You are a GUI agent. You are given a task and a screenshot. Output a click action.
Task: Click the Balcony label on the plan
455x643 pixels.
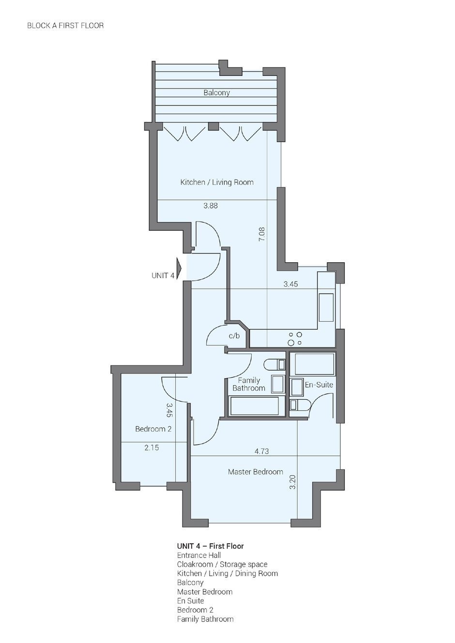point(216,93)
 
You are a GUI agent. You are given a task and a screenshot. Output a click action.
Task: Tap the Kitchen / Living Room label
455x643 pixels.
point(217,182)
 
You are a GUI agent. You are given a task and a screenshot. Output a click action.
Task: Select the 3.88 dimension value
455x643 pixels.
point(211,206)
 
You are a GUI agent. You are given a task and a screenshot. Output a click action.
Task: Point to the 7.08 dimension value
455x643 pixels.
point(262,234)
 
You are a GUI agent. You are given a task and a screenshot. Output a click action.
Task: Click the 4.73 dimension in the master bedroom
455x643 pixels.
point(262,451)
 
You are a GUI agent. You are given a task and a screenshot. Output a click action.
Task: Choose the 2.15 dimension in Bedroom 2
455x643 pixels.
point(152,448)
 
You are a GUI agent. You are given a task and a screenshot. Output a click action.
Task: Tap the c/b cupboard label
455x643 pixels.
point(234,336)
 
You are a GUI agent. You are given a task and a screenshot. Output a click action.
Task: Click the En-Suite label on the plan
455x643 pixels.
point(319,385)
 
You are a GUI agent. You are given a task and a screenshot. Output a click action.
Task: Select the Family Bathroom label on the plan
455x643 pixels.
point(249,384)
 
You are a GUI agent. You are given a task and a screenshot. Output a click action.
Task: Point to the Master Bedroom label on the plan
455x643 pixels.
point(256,472)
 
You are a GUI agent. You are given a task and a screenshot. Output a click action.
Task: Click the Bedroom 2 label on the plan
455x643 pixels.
point(153,429)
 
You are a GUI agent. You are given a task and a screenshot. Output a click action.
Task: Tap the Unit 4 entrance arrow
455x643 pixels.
point(180,268)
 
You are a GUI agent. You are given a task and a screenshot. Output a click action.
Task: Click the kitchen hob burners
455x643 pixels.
point(295,339)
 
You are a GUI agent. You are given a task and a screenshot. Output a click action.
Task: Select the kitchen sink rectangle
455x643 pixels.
point(326,307)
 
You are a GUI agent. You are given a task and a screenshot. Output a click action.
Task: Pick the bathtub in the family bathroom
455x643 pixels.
point(255,406)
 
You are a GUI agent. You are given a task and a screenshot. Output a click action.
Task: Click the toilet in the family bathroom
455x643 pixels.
point(274,364)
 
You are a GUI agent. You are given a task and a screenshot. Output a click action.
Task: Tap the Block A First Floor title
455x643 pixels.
point(65,26)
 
